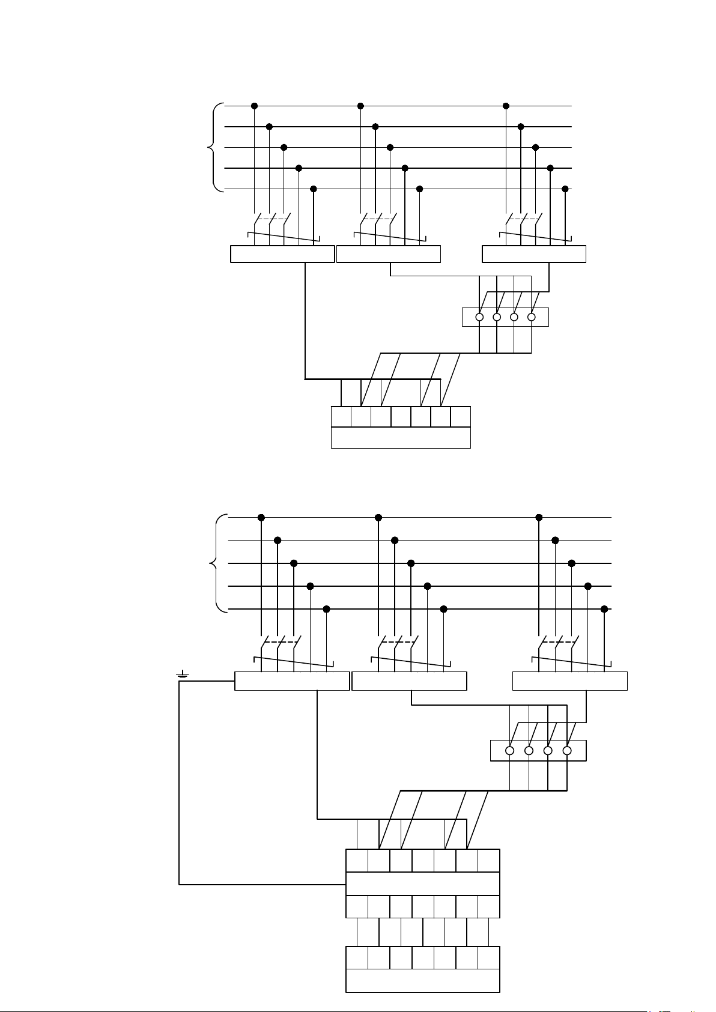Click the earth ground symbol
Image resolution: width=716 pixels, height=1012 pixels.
click(182, 677)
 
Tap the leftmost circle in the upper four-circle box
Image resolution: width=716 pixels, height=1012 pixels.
click(479, 317)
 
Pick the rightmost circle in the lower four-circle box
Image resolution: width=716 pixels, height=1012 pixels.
click(566, 751)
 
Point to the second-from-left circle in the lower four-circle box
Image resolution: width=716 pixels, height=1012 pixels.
click(529, 751)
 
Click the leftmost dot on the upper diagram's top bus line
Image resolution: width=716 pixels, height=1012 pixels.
click(254, 106)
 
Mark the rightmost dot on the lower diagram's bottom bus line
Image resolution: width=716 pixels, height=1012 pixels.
click(604, 609)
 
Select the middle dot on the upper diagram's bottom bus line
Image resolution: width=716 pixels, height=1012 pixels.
click(419, 189)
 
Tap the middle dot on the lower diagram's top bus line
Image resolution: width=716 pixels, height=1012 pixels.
click(378, 517)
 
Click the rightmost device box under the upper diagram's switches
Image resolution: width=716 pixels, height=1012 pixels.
click(534, 254)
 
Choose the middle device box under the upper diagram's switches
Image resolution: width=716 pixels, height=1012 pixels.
click(389, 254)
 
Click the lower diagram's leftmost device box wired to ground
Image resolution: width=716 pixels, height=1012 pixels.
click(291, 682)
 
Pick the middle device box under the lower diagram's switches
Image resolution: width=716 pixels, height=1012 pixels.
click(409, 682)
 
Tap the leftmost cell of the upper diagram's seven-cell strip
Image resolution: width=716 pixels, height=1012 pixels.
click(341, 417)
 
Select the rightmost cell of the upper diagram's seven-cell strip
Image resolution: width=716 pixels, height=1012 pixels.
click(460, 417)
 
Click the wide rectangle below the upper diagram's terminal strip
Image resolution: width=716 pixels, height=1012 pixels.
click(401, 438)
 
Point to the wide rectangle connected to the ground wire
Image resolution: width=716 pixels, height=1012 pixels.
click(423, 884)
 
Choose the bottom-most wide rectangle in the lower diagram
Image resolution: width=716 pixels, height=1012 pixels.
click(423, 980)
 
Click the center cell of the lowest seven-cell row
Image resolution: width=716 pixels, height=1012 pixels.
click(423, 957)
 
